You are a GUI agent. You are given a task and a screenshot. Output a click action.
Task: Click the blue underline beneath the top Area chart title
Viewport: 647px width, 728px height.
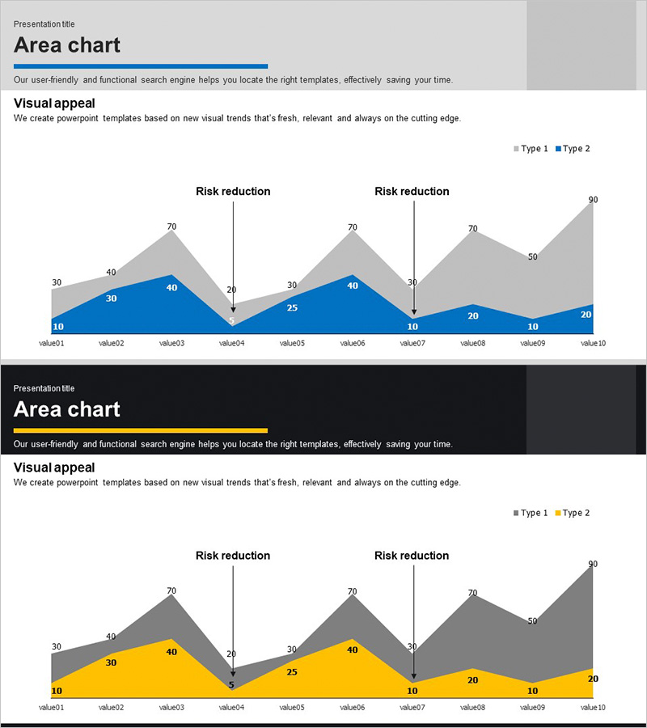140,66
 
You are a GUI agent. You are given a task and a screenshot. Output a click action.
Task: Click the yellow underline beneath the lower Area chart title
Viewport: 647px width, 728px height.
140,430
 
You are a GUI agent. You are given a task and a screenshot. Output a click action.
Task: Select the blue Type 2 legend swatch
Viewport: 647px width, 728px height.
558,149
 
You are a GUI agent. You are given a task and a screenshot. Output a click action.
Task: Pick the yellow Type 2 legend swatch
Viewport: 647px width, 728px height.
558,514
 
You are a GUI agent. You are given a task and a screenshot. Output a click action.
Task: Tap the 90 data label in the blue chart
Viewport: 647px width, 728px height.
593,200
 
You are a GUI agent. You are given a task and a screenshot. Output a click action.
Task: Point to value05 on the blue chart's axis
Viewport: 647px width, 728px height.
292,343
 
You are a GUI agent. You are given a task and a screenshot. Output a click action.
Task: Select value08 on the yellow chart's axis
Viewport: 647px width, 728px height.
473,707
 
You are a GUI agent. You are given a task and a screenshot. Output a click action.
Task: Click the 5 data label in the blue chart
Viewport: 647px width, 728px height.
231,321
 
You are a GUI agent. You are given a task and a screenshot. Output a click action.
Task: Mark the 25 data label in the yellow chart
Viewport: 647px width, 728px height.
292,672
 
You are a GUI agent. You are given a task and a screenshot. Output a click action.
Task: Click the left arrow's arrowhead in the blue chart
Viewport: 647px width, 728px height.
233,309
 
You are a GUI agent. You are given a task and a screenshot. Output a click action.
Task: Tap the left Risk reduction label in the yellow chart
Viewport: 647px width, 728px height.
233,556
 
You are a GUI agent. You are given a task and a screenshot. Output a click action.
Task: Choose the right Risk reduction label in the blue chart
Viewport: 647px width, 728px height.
412,192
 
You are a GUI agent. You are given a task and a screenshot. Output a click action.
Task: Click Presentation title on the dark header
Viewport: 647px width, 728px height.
44,388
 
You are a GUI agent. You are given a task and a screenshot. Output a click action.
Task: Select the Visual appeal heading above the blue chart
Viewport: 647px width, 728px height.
54,103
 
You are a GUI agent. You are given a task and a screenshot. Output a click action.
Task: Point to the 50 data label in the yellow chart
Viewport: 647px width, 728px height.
532,621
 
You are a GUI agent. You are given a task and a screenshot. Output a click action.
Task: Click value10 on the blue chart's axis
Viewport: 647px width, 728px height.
593,343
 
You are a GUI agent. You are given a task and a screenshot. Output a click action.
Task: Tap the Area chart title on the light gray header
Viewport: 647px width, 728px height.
67,45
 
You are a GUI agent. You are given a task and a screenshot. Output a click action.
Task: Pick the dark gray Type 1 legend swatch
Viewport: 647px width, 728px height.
517,514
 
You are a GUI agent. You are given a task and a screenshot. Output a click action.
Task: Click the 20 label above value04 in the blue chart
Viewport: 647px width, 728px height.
231,290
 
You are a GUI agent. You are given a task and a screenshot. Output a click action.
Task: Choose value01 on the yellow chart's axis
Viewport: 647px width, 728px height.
51,707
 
